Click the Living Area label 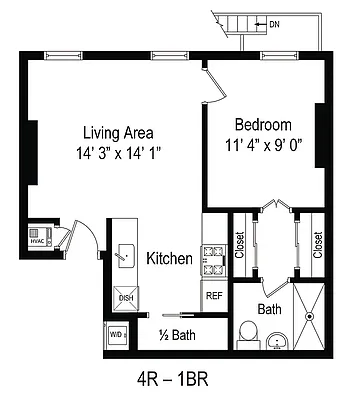coord(118,131)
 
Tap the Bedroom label coord(263,125)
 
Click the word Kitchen coord(169,258)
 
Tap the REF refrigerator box coord(214,295)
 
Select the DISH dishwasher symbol coord(126,297)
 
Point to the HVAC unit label coord(38,239)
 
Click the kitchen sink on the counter coord(125,255)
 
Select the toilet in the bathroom coord(247,331)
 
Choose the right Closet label coord(318,245)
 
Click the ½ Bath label coord(177,335)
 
